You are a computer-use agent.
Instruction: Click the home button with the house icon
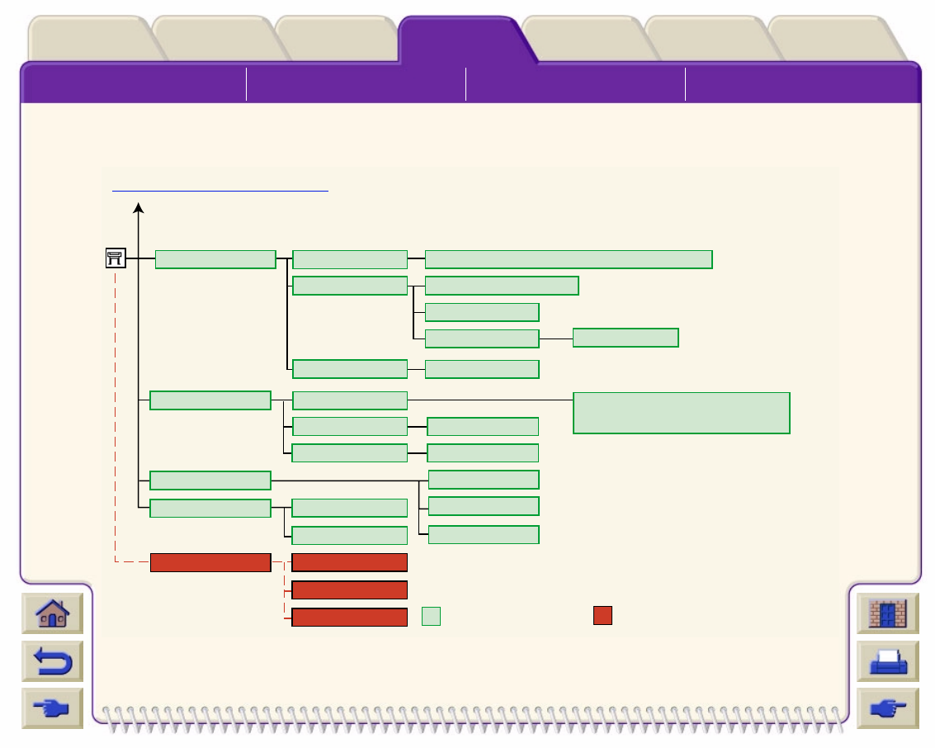(52, 614)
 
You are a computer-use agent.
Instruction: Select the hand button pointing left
(52, 708)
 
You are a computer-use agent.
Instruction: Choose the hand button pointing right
(887, 708)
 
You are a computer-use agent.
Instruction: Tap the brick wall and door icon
(887, 614)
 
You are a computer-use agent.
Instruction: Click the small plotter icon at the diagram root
(115, 258)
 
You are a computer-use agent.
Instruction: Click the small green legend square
(431, 616)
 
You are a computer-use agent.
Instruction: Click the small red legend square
(602, 616)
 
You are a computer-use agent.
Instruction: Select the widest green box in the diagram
(569, 258)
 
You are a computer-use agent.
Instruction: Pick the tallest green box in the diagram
(682, 413)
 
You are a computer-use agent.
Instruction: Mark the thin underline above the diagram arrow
(220, 190)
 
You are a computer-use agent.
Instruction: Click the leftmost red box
(210, 563)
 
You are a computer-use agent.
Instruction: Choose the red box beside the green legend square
(350, 617)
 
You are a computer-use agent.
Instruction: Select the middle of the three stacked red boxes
(350, 589)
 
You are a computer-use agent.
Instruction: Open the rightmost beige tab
(832, 40)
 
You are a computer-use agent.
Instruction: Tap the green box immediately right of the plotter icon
(215, 258)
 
